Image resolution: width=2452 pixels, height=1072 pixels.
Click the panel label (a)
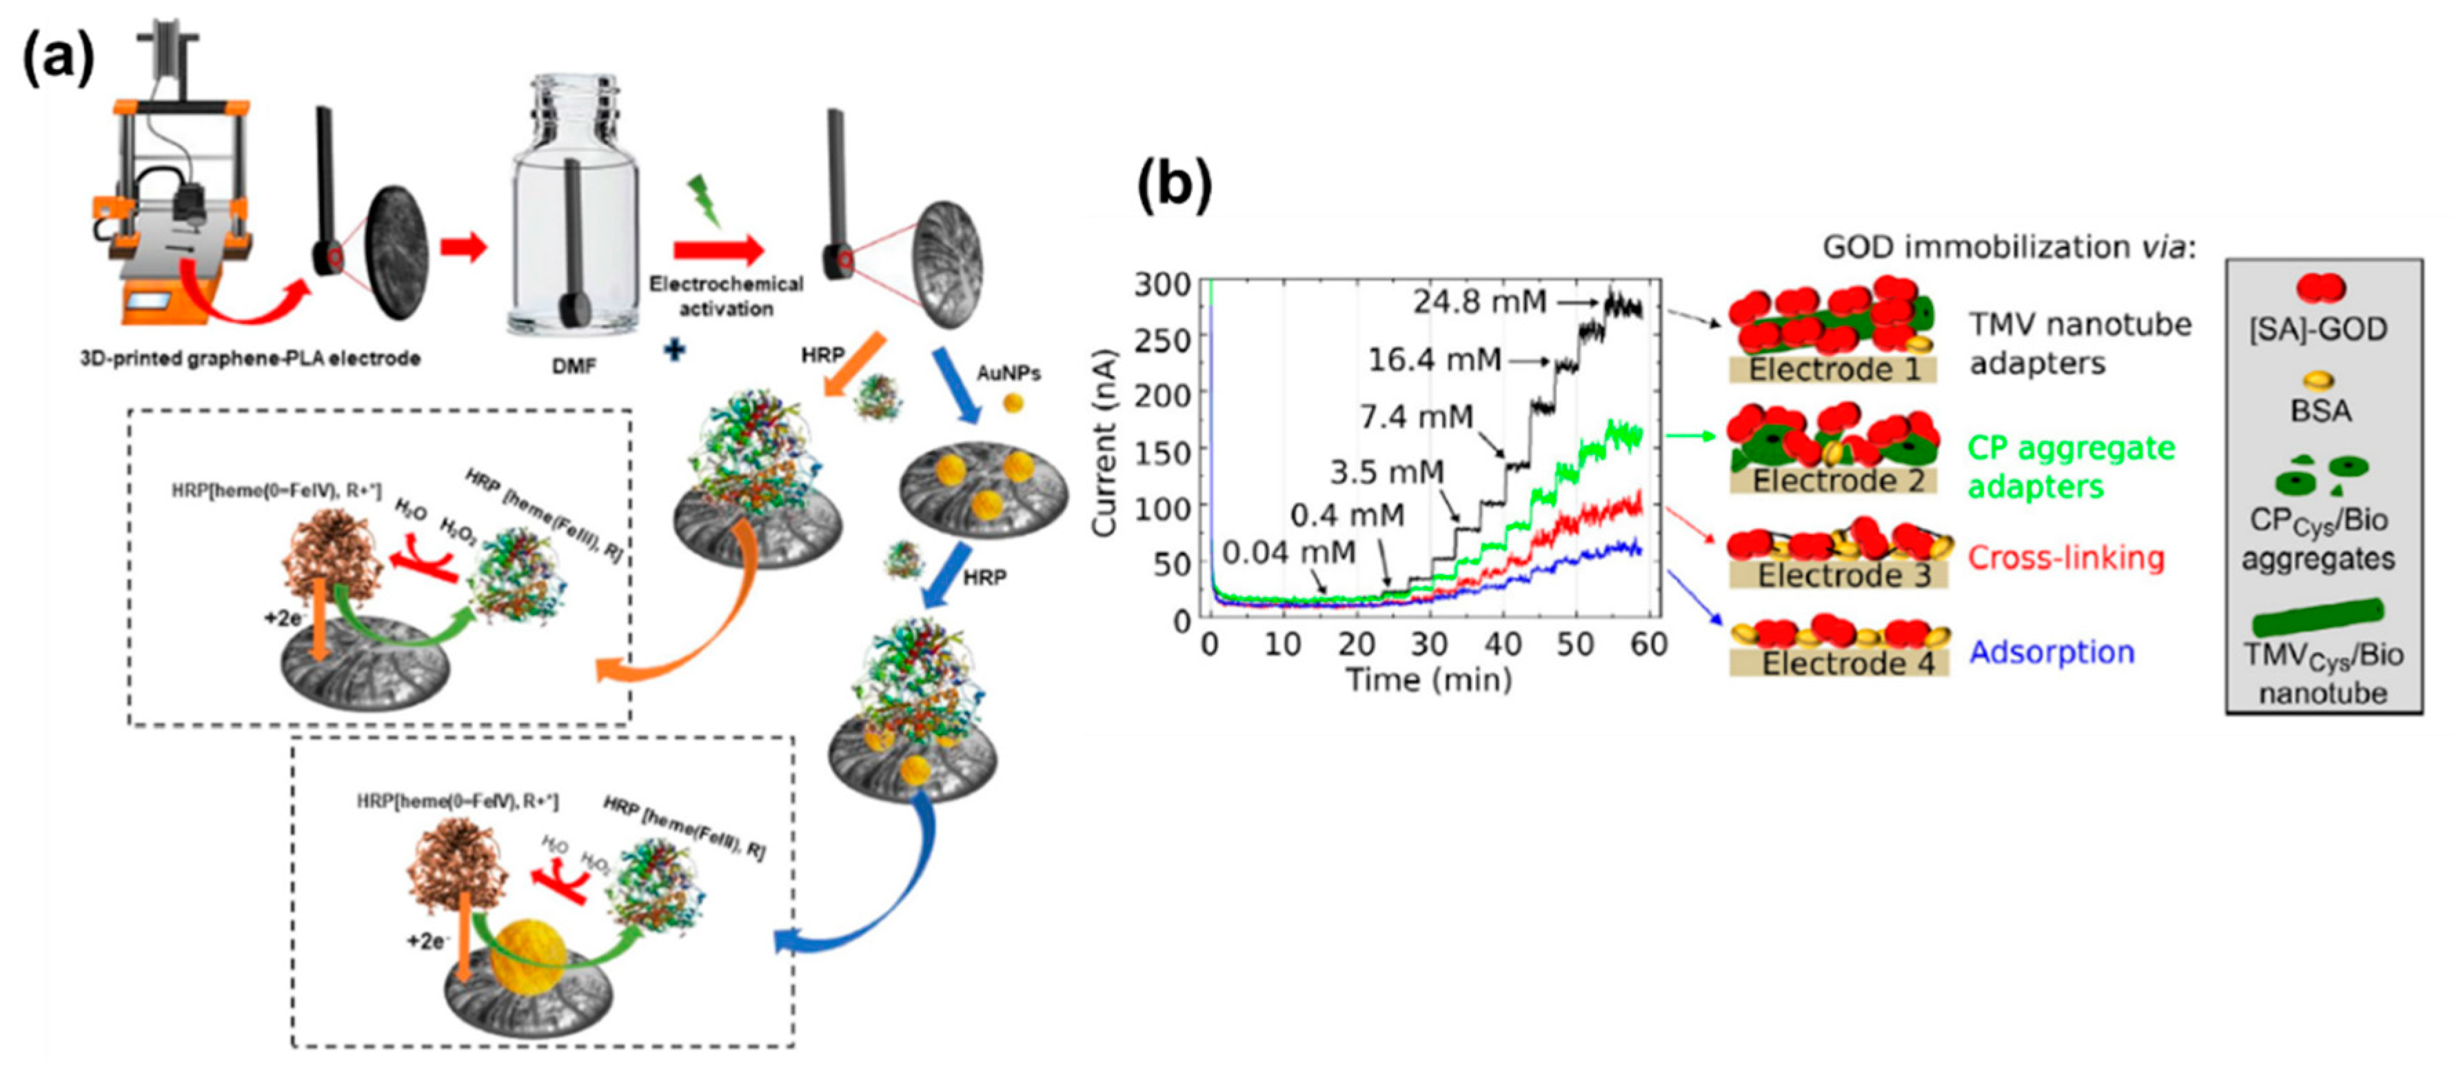59,59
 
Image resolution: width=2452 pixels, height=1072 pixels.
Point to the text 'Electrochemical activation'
725,296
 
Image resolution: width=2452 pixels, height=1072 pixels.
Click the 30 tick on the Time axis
1429,645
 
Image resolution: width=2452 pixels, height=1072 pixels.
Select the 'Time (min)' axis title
1428,680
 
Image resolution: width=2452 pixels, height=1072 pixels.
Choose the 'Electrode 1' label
1832,370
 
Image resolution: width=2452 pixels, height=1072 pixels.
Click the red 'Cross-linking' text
2065,557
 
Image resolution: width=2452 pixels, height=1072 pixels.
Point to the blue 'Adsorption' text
2051,652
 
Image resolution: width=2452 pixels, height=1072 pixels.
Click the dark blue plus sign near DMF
674,350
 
